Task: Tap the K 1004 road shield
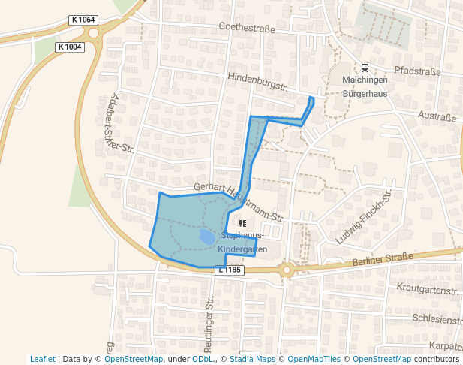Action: click(x=69, y=47)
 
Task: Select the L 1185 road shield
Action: click(x=229, y=269)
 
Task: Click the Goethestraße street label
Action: click(x=247, y=29)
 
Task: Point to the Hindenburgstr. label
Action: click(x=258, y=82)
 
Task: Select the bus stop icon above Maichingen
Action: click(x=365, y=68)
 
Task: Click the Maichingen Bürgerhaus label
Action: click(x=365, y=86)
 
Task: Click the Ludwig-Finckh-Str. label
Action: click(x=365, y=217)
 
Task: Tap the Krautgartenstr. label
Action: click(x=427, y=289)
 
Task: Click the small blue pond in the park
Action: click(x=206, y=237)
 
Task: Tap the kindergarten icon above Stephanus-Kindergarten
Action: click(x=242, y=223)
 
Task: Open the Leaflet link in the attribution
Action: click(x=42, y=359)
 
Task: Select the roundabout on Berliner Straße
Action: click(x=286, y=270)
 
